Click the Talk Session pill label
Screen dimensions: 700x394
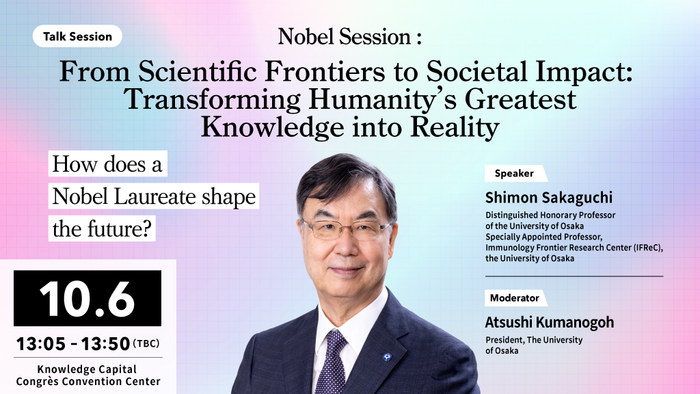77,36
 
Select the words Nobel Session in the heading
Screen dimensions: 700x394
345,37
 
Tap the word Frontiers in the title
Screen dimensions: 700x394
325,71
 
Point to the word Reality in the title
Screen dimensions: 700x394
455,128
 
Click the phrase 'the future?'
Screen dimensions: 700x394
102,228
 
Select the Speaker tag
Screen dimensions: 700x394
514,173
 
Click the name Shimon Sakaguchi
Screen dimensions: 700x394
549,198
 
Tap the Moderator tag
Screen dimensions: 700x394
515,298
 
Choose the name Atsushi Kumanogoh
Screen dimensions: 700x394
550,322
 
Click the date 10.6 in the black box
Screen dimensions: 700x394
87,298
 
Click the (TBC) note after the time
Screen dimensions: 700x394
146,343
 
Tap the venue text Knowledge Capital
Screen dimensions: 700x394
87,369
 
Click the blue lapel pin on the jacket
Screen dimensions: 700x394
387,356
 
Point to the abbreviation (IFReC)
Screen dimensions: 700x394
648,248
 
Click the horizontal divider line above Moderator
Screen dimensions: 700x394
574,276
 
